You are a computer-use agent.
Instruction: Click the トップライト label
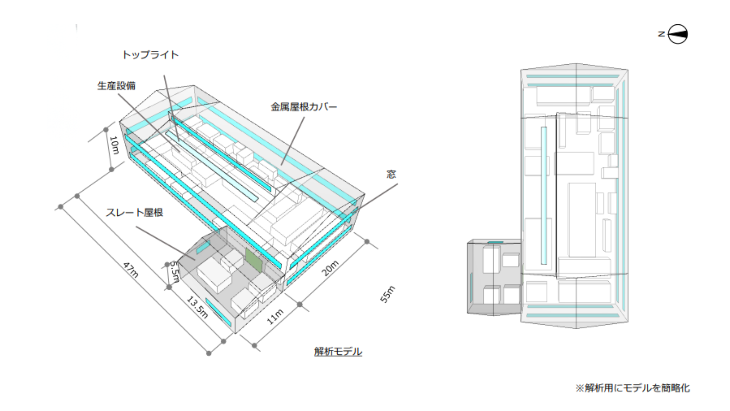150,55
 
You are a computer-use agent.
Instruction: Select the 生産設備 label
116,86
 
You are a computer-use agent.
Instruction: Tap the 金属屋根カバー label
304,107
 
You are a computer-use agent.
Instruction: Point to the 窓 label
391,174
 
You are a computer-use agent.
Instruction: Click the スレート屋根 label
134,212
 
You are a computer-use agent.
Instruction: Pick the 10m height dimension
114,145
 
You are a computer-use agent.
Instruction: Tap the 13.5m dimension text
197,307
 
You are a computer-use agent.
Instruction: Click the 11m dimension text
275,317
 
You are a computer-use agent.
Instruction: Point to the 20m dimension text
330,268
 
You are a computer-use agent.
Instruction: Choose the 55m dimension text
387,294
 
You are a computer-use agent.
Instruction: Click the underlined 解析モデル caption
338,351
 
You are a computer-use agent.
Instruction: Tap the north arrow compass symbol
678,34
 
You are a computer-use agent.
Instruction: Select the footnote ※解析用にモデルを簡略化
632,388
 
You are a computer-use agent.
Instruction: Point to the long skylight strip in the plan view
544,195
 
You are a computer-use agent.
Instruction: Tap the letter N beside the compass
662,34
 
